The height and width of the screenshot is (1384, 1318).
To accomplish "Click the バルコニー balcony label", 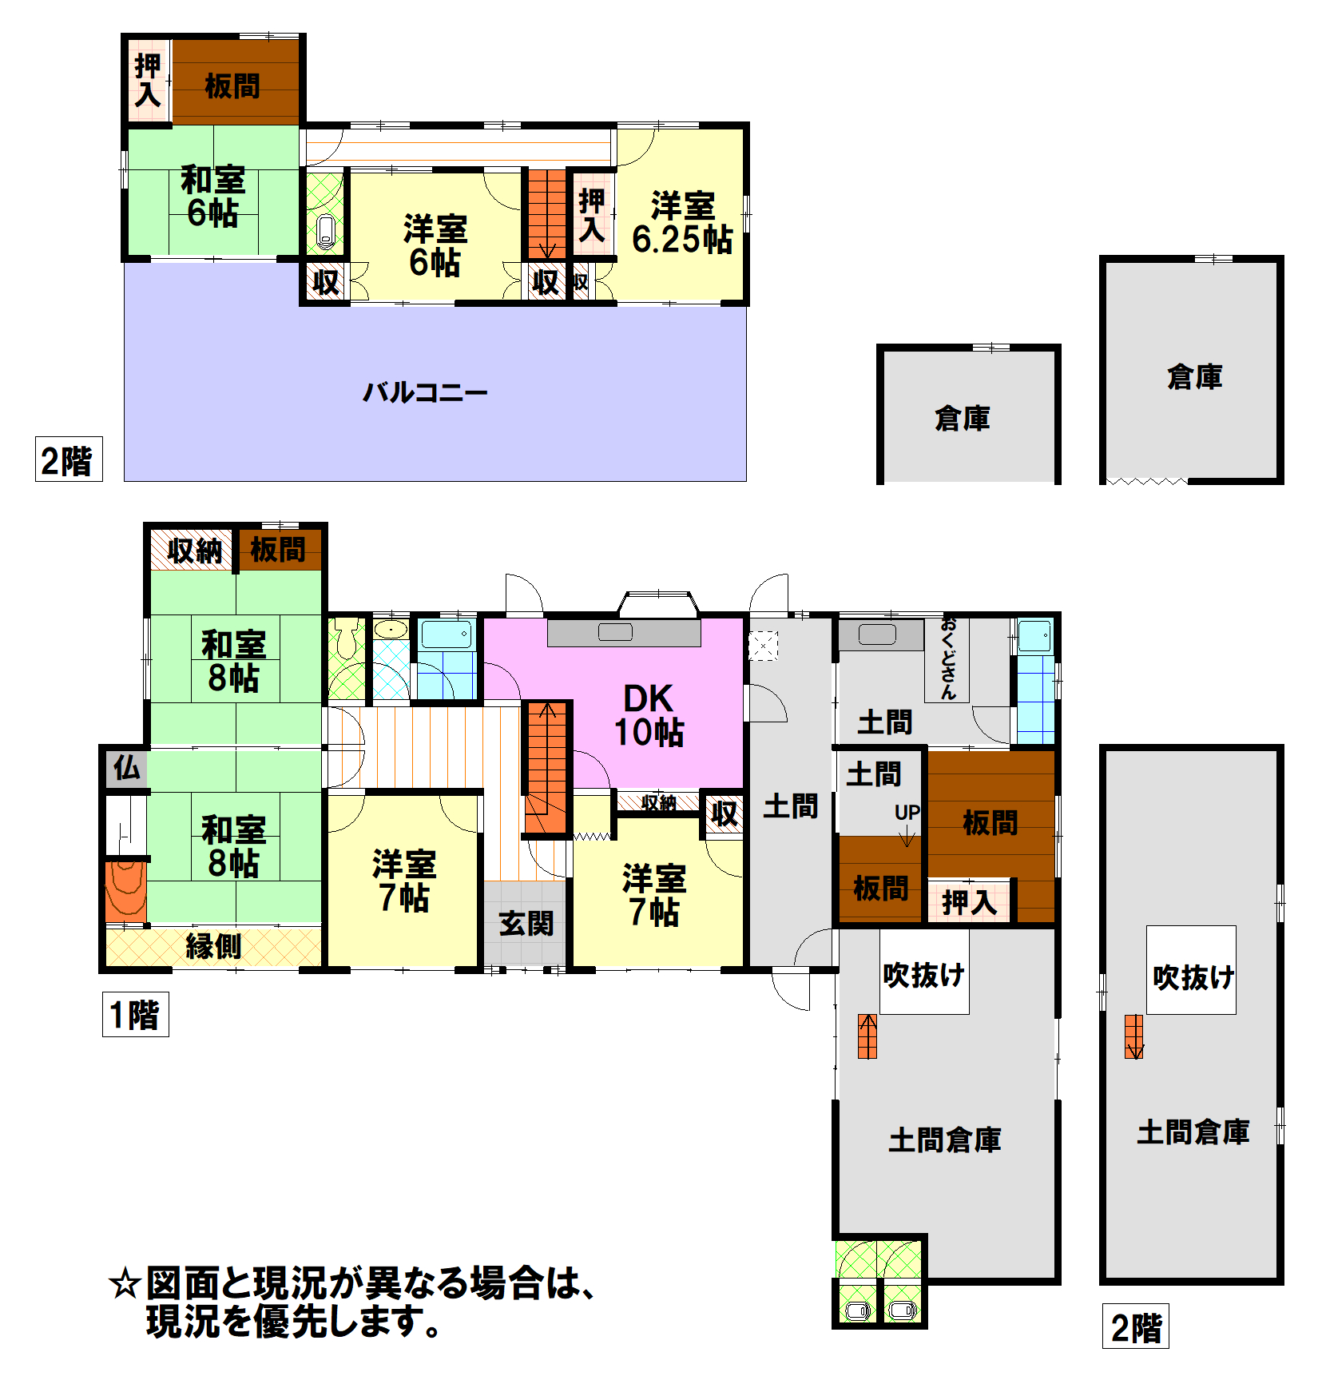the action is tap(425, 392).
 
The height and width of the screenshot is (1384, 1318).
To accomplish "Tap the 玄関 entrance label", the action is tap(526, 924).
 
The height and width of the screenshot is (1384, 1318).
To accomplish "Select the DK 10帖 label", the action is tap(649, 715).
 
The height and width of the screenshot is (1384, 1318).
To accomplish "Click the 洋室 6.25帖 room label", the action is tap(682, 223).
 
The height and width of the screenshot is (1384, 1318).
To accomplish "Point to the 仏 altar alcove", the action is tap(126, 769).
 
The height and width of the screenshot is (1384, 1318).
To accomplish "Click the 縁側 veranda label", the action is tap(213, 946).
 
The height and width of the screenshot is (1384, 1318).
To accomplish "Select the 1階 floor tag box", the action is tap(135, 1015).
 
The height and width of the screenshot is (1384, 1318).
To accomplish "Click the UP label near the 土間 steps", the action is tap(907, 813).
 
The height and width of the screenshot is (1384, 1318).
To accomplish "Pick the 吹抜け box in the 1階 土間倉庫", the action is tap(924, 971).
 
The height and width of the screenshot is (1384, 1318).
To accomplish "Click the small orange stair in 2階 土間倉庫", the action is tap(1133, 1036).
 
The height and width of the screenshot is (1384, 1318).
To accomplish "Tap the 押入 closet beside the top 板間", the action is tap(149, 80).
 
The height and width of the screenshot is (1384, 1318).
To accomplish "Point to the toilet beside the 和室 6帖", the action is tap(325, 231).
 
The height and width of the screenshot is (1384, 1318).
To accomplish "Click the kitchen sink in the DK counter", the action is tap(615, 632).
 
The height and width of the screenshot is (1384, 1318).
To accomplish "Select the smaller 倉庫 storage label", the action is tap(963, 418).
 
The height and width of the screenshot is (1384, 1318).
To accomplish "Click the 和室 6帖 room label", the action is tap(212, 197).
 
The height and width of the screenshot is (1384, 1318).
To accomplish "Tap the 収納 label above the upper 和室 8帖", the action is tap(194, 550).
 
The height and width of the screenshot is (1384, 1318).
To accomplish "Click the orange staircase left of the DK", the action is tap(547, 768).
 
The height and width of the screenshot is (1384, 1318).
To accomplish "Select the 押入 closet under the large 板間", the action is tap(969, 902).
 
